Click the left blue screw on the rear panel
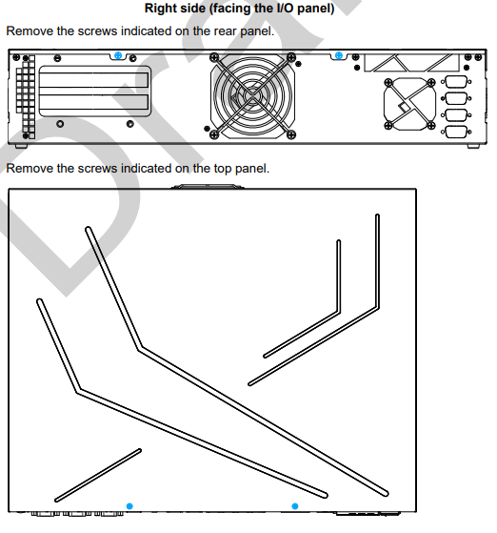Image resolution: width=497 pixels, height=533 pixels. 118,55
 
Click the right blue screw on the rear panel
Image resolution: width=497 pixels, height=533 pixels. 339,55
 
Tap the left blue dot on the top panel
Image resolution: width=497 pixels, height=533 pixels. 129,506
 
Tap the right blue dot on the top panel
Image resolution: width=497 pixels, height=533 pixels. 295,506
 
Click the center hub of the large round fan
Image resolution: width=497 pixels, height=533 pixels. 252,96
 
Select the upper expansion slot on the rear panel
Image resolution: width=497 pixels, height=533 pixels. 93,80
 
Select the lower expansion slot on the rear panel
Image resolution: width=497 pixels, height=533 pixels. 93,102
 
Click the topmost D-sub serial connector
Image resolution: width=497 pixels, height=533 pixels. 456,82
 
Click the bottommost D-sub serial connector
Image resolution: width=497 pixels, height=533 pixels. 456,132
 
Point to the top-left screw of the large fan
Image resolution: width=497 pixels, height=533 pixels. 214,57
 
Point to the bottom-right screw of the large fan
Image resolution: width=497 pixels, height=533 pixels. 291,134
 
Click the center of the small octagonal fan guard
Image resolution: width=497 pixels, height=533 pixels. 409,104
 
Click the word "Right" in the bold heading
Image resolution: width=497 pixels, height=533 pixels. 159,9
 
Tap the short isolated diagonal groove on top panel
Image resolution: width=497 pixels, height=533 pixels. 98,475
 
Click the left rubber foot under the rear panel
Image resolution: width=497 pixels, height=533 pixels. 21,146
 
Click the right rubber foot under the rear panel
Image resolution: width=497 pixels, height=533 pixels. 473,146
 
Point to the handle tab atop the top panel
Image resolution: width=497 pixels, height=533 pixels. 208,186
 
